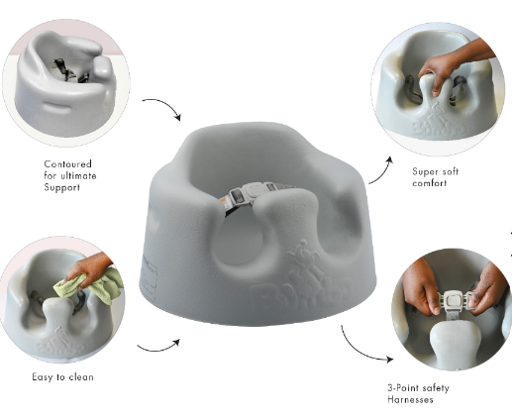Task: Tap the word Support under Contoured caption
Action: click(x=63, y=187)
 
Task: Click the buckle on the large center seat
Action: click(x=249, y=192)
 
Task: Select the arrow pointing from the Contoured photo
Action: click(x=161, y=108)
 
